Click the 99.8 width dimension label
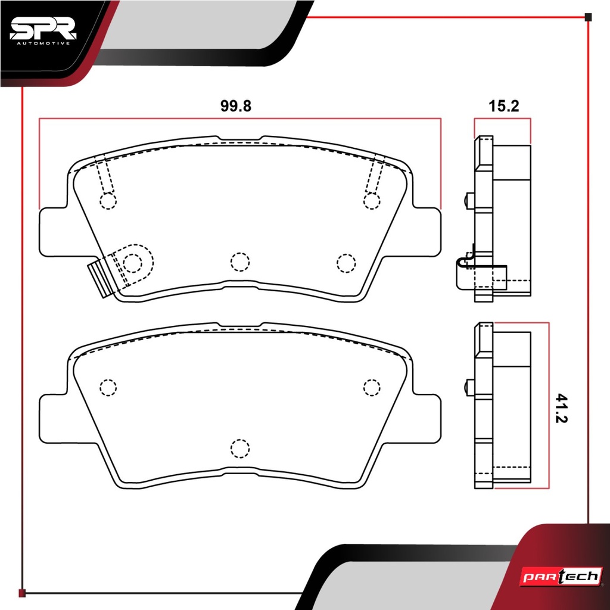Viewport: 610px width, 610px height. tap(236, 106)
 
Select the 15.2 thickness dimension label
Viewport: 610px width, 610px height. tap(503, 106)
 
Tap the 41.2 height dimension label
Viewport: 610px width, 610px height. tap(562, 408)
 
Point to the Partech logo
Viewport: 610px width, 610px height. tap(561, 576)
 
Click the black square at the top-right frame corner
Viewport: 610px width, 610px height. tap(588, 17)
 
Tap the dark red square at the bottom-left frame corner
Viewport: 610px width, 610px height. tap(22, 593)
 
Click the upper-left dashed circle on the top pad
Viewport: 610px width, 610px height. tap(108, 201)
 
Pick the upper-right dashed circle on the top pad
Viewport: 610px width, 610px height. tap(372, 201)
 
